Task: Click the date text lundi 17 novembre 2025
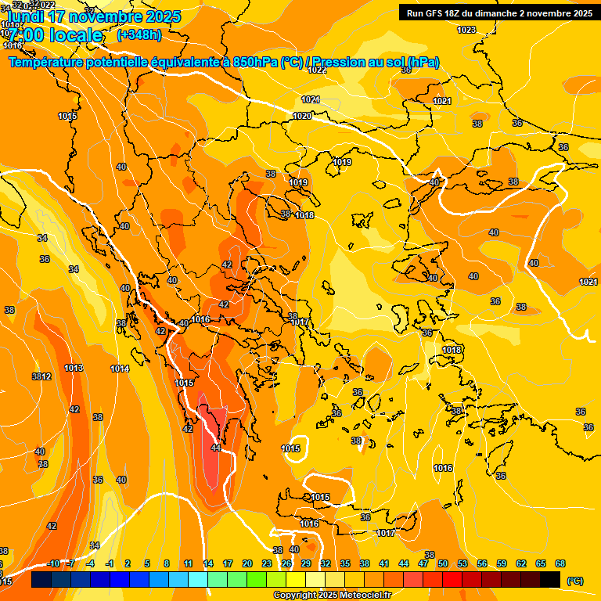(x=93, y=16)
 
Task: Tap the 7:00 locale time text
(x=56, y=35)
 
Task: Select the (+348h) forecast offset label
(x=139, y=35)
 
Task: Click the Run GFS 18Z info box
(x=499, y=13)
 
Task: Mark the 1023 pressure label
(x=466, y=30)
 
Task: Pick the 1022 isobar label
(x=317, y=70)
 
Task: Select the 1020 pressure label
(x=302, y=116)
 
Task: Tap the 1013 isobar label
(x=74, y=368)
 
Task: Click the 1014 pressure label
(x=120, y=369)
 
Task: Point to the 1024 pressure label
(x=588, y=282)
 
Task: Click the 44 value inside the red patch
(x=216, y=448)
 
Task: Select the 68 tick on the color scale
(x=560, y=563)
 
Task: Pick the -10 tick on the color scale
(x=53, y=563)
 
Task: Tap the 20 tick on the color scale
(x=247, y=563)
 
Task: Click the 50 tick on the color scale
(x=443, y=563)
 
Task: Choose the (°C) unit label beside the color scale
(x=574, y=580)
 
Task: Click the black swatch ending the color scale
(x=551, y=580)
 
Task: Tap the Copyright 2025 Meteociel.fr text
(x=332, y=595)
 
